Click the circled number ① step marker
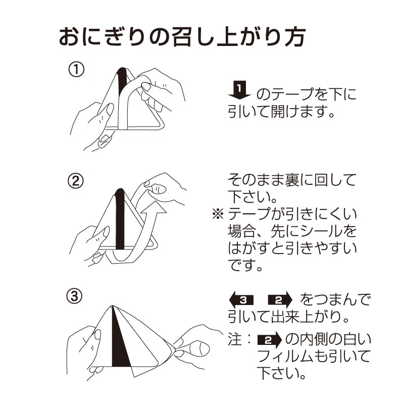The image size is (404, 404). [x=76, y=70]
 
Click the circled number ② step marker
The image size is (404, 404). [x=75, y=181]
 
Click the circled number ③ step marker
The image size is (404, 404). [x=74, y=296]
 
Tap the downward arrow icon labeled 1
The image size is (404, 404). [x=239, y=90]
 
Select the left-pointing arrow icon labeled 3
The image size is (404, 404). [x=241, y=299]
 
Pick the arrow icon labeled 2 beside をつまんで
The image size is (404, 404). [x=281, y=299]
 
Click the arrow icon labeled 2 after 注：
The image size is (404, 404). [x=270, y=340]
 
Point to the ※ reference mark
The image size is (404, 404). [x=218, y=214]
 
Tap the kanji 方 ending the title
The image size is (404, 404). [x=295, y=37]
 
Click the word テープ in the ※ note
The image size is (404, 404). [x=255, y=214]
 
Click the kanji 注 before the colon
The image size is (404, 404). [x=235, y=339]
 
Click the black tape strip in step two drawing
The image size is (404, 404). [x=120, y=219]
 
